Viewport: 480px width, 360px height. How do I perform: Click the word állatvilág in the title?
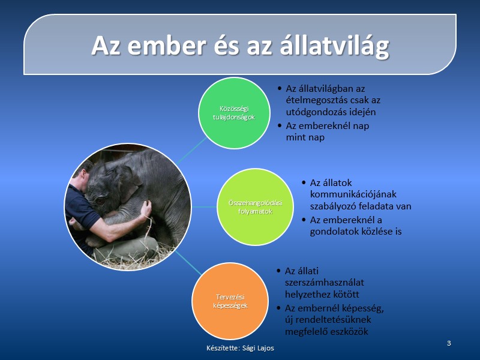[334, 47]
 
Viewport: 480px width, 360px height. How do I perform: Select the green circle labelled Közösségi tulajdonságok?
[234, 113]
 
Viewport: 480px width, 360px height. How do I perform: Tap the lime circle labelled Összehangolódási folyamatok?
[256, 207]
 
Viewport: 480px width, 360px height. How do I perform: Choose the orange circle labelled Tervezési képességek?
[230, 301]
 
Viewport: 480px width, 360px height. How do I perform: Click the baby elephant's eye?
[100, 201]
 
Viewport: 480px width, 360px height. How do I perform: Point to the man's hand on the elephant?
[145, 209]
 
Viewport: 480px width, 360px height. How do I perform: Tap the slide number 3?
[449, 343]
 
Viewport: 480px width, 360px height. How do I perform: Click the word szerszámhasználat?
[325, 283]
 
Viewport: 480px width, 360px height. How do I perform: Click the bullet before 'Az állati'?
[278, 271]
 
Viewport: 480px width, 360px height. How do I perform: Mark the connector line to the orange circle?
[188, 263]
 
